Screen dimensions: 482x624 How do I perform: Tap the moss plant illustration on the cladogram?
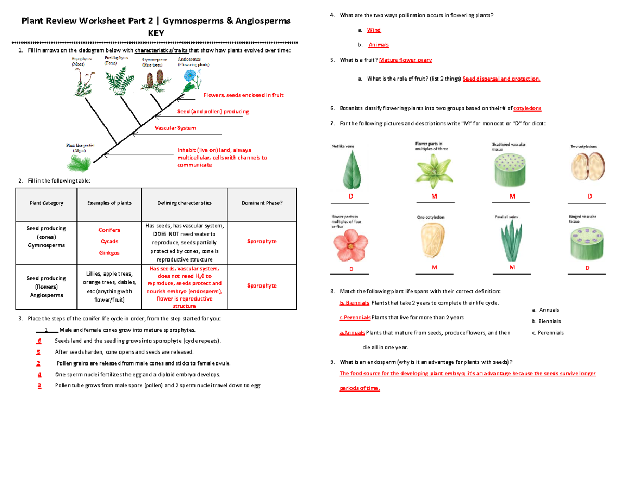coord(82,82)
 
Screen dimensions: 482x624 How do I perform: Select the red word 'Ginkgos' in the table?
coord(109,253)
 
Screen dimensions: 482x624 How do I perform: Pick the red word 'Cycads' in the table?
coord(109,241)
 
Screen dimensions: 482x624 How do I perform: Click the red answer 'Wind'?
coord(374,31)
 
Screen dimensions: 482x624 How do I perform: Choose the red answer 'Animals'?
coord(378,45)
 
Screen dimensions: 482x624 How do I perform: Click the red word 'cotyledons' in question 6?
coord(527,108)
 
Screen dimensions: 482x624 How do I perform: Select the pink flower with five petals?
coord(350,245)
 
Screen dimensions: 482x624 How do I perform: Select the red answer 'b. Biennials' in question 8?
coord(354,303)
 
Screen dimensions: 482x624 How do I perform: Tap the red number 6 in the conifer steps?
coord(39,341)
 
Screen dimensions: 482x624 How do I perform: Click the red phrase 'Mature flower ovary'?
coord(406,60)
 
